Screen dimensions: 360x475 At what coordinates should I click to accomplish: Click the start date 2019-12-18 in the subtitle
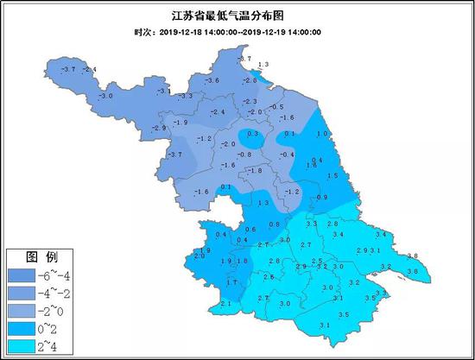click(x=186, y=32)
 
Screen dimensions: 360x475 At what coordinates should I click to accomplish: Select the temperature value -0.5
click(x=276, y=106)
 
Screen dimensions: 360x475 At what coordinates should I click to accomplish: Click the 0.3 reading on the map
click(x=252, y=134)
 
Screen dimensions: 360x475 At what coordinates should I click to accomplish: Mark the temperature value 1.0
click(x=324, y=134)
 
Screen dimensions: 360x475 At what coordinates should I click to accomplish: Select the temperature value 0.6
click(x=250, y=229)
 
